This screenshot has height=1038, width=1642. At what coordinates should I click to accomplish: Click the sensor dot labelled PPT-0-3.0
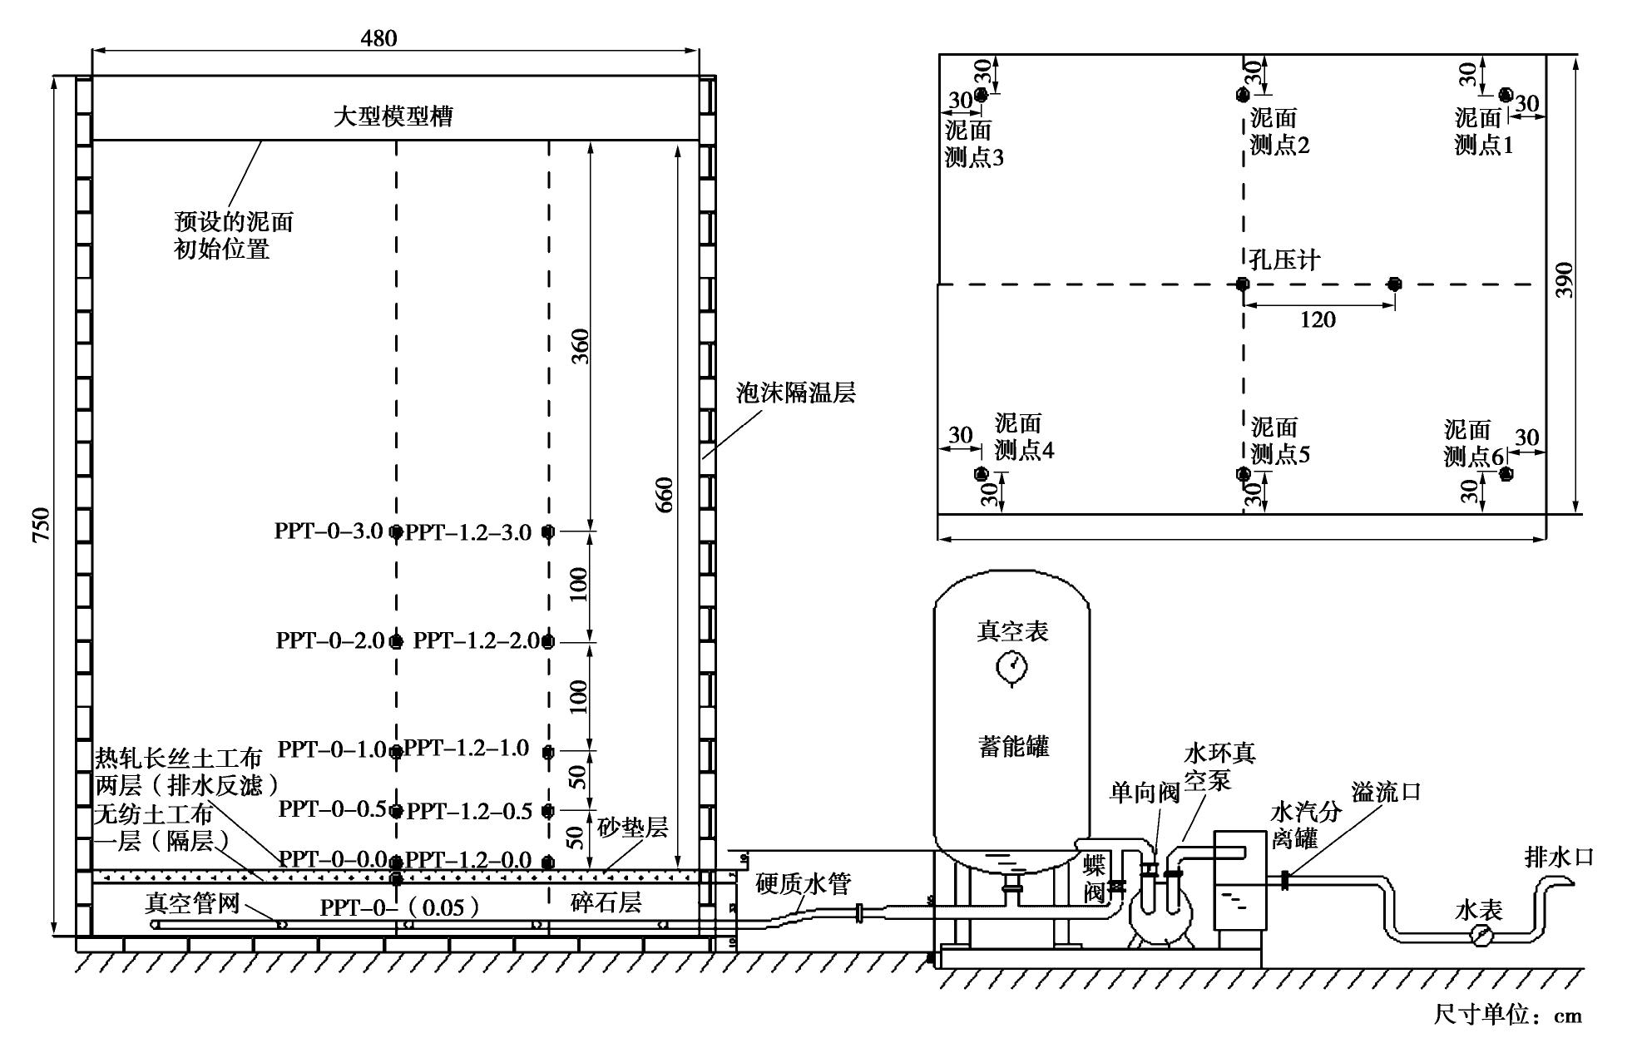click(x=397, y=531)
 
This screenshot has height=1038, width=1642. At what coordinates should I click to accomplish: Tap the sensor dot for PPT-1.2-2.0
click(x=547, y=641)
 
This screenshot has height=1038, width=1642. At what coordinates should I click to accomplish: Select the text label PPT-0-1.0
click(x=331, y=749)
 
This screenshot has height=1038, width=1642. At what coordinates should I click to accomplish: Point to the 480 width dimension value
click(x=378, y=38)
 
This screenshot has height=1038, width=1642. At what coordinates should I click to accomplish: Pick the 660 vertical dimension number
click(x=665, y=495)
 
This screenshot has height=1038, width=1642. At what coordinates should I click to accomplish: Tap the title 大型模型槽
click(x=393, y=116)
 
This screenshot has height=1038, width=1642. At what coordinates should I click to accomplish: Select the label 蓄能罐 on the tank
click(x=1013, y=746)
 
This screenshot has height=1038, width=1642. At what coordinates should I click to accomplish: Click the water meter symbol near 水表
click(x=1481, y=935)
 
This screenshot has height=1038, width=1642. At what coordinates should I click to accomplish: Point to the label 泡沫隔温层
click(x=795, y=393)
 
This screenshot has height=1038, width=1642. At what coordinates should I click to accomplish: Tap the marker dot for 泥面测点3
click(x=981, y=96)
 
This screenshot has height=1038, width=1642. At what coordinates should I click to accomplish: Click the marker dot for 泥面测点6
click(x=1506, y=474)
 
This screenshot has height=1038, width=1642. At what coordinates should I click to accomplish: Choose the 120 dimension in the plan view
click(x=1318, y=319)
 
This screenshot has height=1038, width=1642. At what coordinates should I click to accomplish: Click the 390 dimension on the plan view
click(x=1565, y=280)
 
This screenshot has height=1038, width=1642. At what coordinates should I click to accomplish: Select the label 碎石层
click(x=606, y=902)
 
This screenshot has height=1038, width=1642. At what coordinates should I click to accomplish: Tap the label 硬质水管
click(x=803, y=883)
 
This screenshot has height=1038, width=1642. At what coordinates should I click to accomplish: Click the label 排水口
click(x=1558, y=857)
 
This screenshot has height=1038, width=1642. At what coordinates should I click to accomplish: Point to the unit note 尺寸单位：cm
click(x=1507, y=1016)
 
